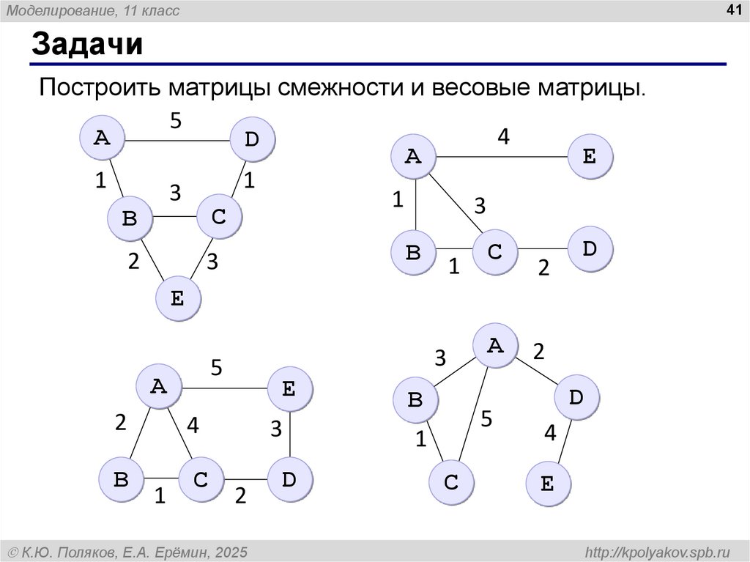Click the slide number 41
(732, 10)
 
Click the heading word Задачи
(86, 46)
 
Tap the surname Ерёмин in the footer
(179, 552)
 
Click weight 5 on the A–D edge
(176, 121)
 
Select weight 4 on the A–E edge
(503, 137)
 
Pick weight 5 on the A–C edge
(486, 421)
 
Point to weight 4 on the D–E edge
(550, 434)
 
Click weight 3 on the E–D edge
(275, 429)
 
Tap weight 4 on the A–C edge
(193, 425)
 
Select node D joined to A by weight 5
(252, 138)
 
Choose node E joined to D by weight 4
(548, 484)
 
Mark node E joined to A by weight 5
(289, 389)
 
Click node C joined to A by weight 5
(451, 483)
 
